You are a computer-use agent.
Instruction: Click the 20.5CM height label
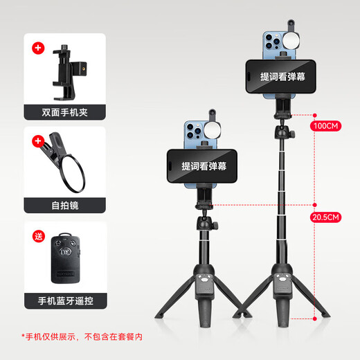click(x=326, y=217)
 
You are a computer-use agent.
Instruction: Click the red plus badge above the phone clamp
click(x=37, y=49)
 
